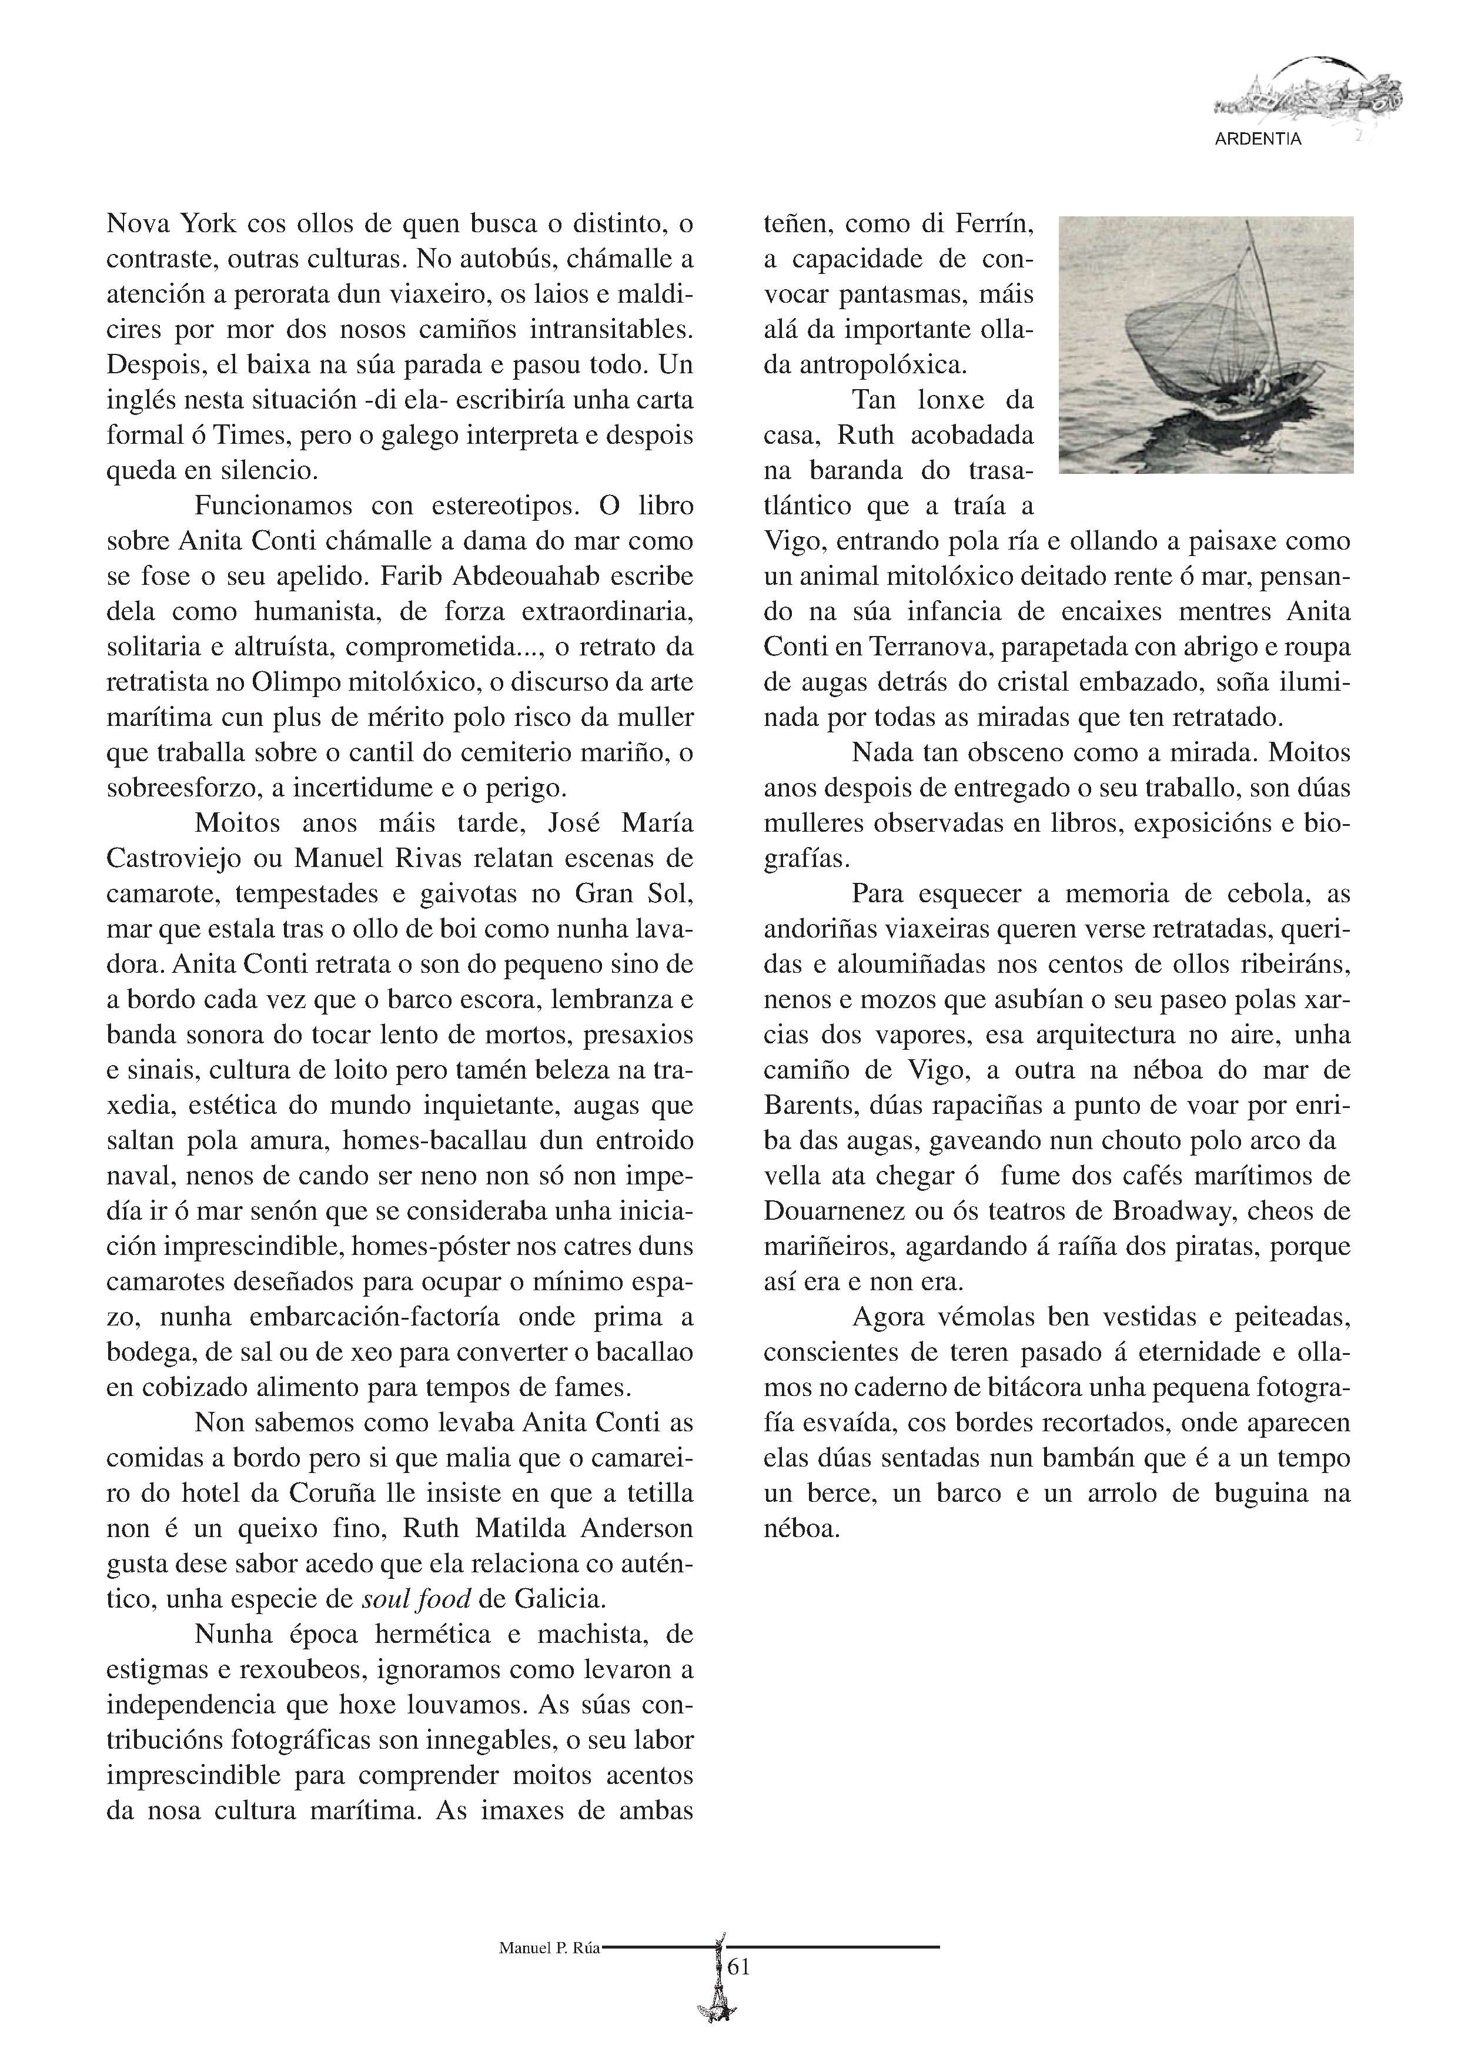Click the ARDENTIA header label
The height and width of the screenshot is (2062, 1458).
1257,140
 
